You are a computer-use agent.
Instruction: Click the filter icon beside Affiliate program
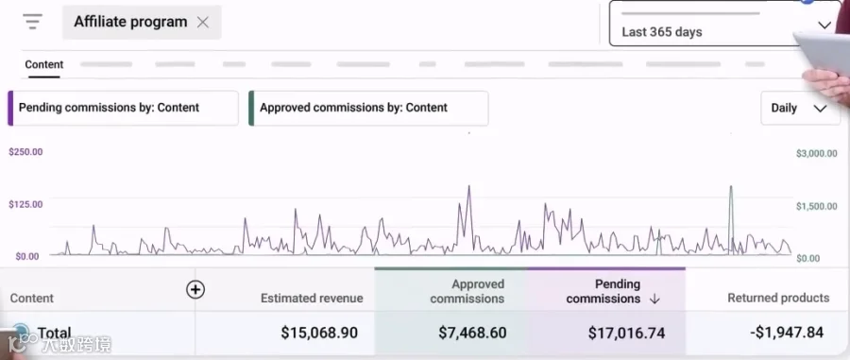[x=32, y=22]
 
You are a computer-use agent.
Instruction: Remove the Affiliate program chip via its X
[x=203, y=23]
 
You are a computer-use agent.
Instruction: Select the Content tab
[x=43, y=64]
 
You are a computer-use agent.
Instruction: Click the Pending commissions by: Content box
[x=123, y=108]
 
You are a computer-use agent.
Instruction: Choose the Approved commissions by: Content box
[x=368, y=108]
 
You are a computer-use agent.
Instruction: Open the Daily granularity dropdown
[x=800, y=108]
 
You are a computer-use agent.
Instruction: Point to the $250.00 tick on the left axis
[x=25, y=152]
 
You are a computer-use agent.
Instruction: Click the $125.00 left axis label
[x=25, y=204]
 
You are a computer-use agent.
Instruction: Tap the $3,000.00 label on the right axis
[x=816, y=153]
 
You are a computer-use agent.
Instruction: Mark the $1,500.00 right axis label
[x=816, y=206]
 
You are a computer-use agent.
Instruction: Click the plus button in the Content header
[x=195, y=290]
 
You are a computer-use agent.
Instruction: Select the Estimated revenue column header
[x=312, y=298]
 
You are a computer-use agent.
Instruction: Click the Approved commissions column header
[x=467, y=291]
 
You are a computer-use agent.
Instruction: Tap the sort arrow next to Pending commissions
[x=654, y=299]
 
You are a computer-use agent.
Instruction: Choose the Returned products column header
[x=778, y=298]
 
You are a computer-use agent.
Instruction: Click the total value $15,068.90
[x=319, y=333]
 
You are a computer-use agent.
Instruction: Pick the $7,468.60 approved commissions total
[x=472, y=333]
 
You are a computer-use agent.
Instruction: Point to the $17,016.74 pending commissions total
[x=626, y=333]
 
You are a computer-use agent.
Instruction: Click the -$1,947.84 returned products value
[x=787, y=332]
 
